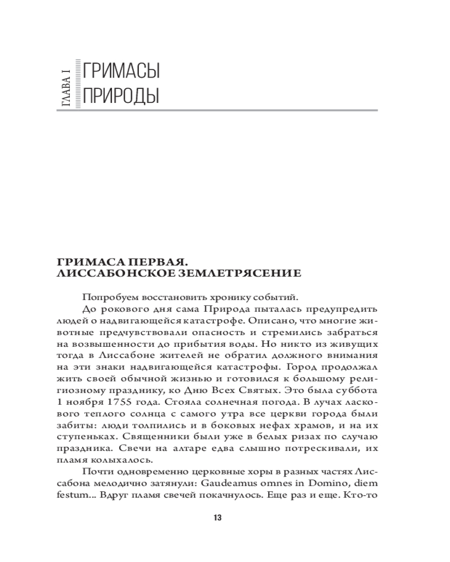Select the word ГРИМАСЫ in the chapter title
[120, 71]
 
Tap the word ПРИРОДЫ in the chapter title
[120, 96]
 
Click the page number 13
[218, 518]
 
